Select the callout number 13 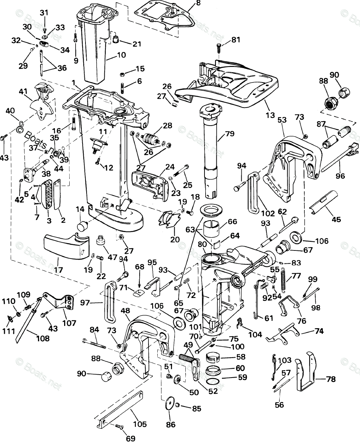[270, 115]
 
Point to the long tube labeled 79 [210, 147]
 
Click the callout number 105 [140, 424]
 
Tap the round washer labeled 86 [169, 403]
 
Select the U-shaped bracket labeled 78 [305, 372]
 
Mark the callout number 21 [137, 44]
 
